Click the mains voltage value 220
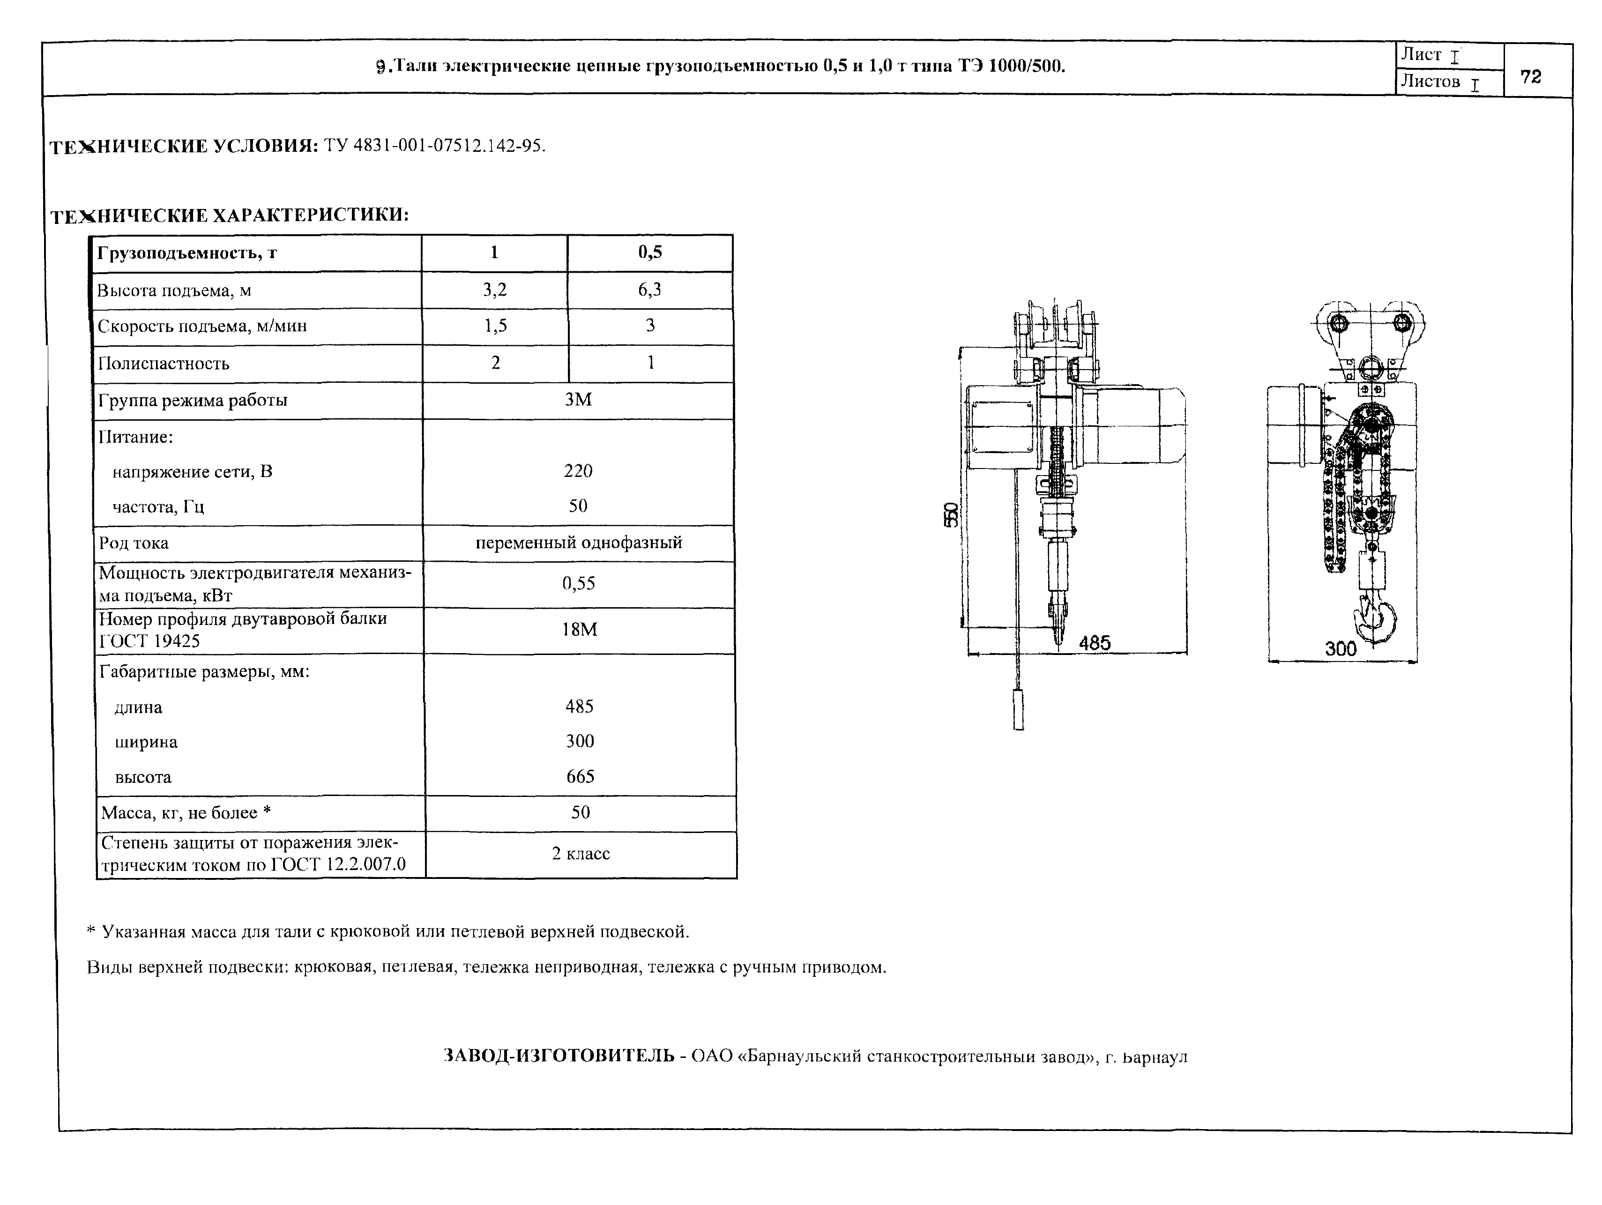(578, 471)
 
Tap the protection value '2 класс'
(581, 854)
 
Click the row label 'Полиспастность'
(164, 364)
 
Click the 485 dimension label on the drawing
(1094, 642)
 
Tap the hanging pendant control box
(1018, 710)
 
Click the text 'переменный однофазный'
(579, 543)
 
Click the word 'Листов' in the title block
(1431, 81)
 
